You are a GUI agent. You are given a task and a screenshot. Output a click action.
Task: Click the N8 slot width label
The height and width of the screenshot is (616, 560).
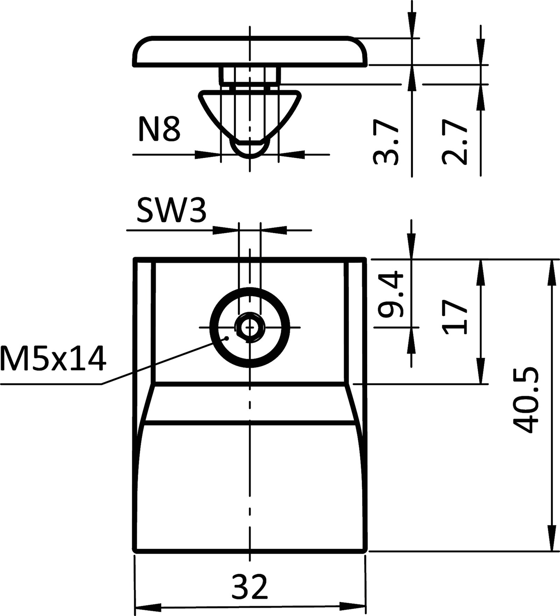159,130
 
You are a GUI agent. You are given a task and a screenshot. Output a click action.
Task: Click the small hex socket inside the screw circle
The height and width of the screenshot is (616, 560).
249,328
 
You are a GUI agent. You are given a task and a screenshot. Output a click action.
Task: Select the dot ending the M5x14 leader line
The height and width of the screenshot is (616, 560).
227,338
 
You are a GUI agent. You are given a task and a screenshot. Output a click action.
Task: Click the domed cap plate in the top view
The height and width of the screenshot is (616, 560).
250,51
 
